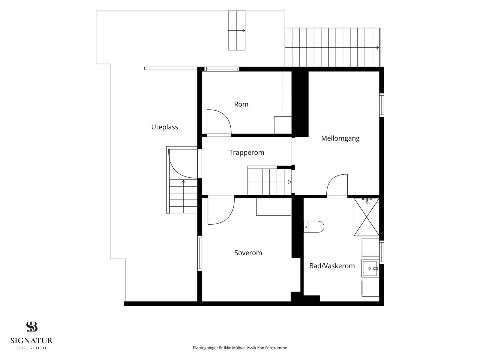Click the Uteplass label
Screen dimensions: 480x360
(x=164, y=127)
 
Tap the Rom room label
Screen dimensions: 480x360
(x=241, y=104)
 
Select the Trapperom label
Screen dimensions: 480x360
(x=247, y=153)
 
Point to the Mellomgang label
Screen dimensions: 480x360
(x=340, y=138)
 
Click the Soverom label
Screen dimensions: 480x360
(x=248, y=253)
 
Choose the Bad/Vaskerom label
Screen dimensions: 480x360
(x=332, y=266)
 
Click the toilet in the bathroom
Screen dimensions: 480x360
(x=314, y=227)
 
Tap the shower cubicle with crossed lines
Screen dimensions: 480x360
(x=367, y=217)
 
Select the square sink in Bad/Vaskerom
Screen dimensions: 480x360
(x=370, y=268)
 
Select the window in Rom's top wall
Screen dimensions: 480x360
(x=222, y=69)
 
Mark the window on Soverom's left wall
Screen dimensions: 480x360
(x=200, y=253)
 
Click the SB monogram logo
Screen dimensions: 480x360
(x=32, y=327)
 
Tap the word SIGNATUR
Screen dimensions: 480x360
(x=32, y=340)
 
